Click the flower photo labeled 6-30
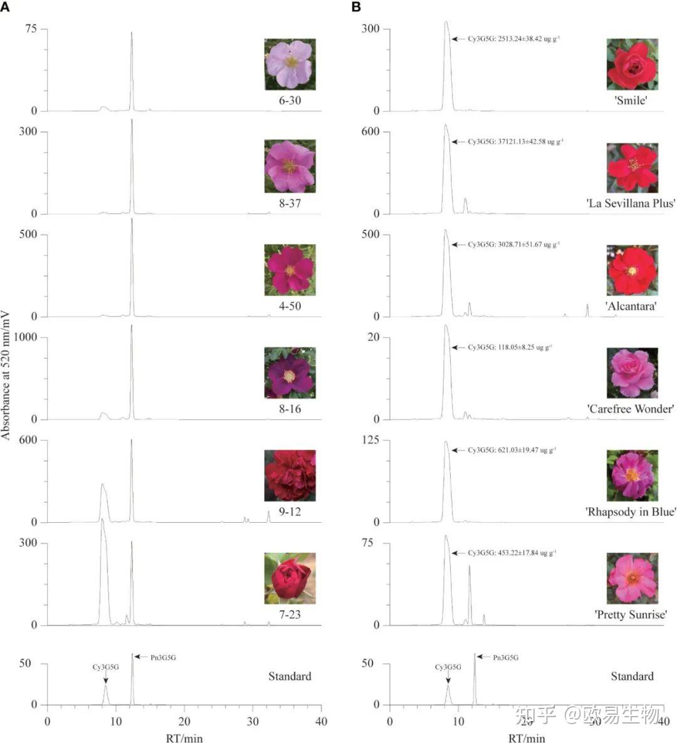(x=290, y=63)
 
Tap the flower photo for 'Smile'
(x=632, y=63)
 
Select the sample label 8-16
(x=290, y=409)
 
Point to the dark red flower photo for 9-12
(x=290, y=475)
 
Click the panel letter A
(x=5, y=7)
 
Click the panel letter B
(x=356, y=7)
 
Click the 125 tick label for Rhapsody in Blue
(x=370, y=441)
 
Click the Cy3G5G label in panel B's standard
(x=448, y=668)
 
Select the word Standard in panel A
(x=290, y=676)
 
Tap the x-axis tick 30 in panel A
(x=253, y=722)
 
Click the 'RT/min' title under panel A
(x=184, y=738)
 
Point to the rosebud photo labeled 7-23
(x=290, y=577)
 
